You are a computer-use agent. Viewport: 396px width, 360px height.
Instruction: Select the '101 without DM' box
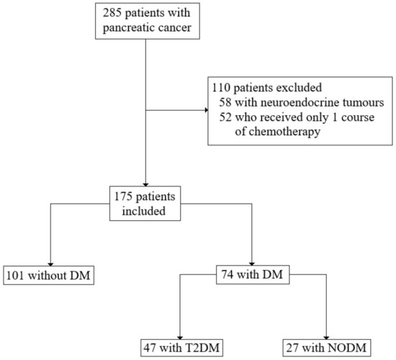click(49, 275)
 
